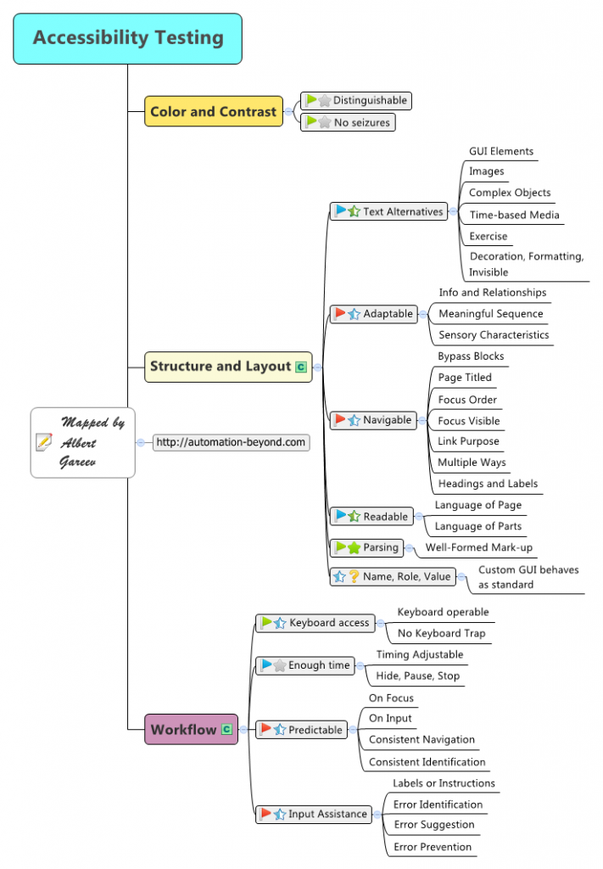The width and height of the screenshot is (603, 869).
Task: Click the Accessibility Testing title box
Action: [x=128, y=38]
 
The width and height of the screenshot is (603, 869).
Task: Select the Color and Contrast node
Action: [x=213, y=111]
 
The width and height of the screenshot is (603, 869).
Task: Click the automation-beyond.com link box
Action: [x=231, y=442]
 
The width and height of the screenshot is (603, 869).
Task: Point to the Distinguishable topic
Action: [x=355, y=100]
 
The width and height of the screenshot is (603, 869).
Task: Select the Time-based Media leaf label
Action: [x=514, y=215]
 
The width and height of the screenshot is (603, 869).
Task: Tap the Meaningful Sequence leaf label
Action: [x=490, y=313]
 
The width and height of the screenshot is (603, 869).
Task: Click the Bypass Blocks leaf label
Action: [x=471, y=356]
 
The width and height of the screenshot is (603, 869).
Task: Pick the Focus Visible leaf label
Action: [x=468, y=420]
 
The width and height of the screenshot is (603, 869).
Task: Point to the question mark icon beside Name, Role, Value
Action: [x=354, y=577]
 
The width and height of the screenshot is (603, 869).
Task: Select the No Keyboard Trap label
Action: [x=441, y=633]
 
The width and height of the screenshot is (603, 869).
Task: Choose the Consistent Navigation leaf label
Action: [x=422, y=739]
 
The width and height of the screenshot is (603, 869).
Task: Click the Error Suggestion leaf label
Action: [x=433, y=824]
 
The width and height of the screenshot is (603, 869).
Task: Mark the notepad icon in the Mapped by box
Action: [x=44, y=441]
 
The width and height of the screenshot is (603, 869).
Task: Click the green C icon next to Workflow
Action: [x=226, y=729]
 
